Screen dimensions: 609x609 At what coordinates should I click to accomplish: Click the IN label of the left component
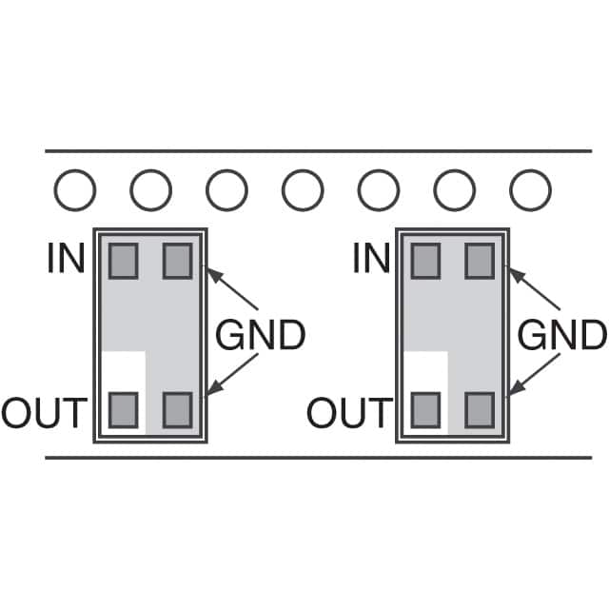point(67,259)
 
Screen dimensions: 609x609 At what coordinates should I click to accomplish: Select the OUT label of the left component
point(44,413)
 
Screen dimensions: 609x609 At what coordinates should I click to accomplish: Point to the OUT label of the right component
point(349,413)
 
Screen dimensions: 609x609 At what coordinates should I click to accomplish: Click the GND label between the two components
point(261,336)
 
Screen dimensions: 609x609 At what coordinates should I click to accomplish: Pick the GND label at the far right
point(562,336)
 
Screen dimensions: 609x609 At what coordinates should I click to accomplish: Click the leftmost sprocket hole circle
point(74,191)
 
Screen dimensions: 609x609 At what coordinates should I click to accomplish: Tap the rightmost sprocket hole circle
point(530,191)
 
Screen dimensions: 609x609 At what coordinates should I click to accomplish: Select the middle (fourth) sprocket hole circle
point(303,191)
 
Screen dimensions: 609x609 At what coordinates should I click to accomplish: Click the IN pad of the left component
point(124,260)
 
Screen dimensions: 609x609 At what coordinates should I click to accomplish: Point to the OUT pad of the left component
point(124,410)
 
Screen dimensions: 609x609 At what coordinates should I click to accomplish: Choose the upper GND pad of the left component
point(177,260)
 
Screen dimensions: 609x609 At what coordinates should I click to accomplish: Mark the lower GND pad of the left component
point(177,410)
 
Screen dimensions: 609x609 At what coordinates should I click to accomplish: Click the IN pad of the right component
point(426,260)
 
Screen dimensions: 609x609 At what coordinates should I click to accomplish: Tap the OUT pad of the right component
point(426,410)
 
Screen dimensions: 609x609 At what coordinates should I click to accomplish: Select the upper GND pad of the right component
point(480,260)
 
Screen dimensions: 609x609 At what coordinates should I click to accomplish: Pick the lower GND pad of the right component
point(480,410)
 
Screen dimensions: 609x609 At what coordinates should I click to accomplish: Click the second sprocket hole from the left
point(150,191)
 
